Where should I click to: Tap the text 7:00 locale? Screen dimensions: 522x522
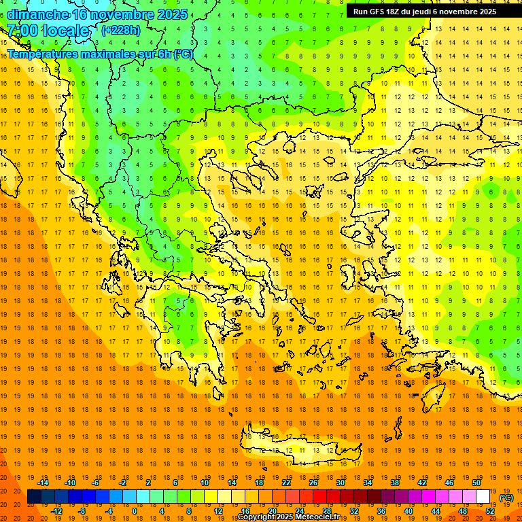click(48, 31)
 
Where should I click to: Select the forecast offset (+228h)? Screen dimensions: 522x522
click(120, 31)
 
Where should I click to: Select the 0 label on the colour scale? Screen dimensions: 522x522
click(135, 511)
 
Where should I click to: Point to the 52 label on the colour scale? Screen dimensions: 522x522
click(489, 511)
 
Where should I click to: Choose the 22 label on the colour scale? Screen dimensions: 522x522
click(286, 483)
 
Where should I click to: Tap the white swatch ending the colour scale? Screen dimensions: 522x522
click(483, 497)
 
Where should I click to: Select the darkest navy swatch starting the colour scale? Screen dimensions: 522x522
click(34, 497)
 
